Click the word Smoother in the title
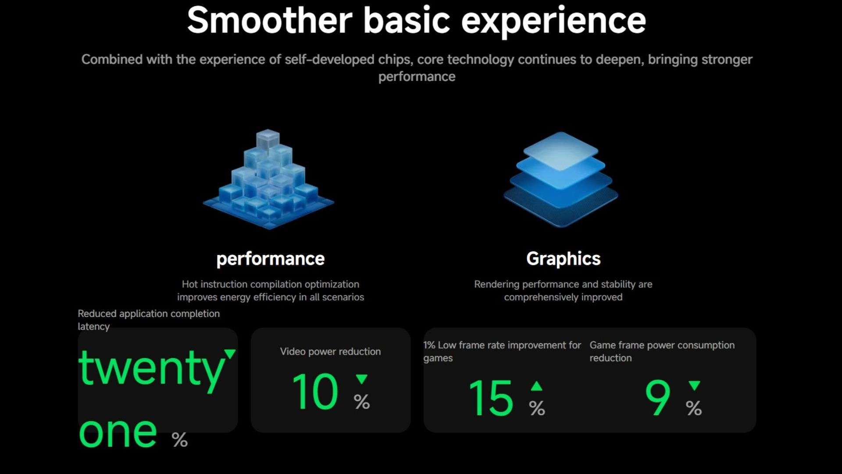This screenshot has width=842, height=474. (x=270, y=20)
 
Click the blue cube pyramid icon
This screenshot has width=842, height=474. (x=268, y=179)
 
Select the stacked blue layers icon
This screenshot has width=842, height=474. (x=561, y=179)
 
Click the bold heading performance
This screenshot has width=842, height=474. (x=271, y=259)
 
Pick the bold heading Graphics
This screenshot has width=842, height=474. (x=564, y=259)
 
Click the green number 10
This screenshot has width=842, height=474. (x=315, y=391)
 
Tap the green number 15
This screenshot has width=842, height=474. (x=491, y=398)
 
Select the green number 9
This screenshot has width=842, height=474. (x=658, y=398)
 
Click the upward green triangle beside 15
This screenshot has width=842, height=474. (x=536, y=386)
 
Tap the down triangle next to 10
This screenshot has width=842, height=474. (x=362, y=379)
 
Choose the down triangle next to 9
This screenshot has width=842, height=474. (x=694, y=386)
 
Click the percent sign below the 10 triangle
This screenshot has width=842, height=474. (x=362, y=402)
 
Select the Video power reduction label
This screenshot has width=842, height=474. (x=331, y=352)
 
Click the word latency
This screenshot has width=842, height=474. (x=93, y=327)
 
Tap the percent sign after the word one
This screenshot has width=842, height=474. (x=180, y=440)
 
